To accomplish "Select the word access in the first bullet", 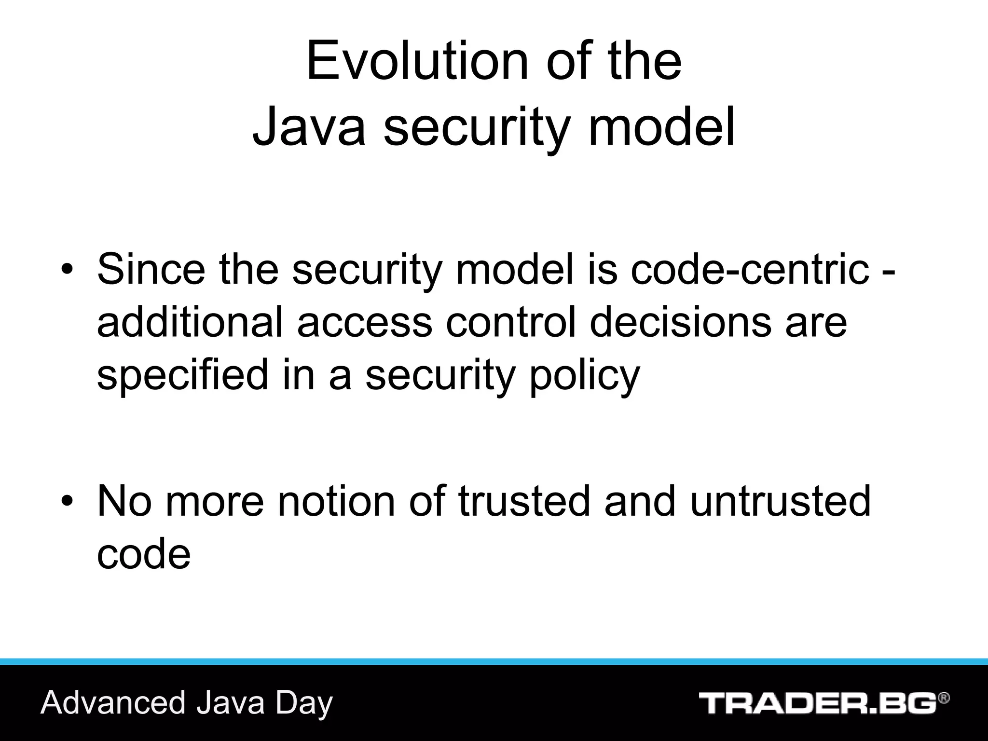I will tap(364, 322).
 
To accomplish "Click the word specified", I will tap(182, 375).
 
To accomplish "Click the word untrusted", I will tap(780, 501).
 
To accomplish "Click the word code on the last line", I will tap(144, 554).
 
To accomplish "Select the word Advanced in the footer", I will tap(113, 702).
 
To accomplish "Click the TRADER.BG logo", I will tap(818, 703).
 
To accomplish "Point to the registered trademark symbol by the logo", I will tap(944, 698).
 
